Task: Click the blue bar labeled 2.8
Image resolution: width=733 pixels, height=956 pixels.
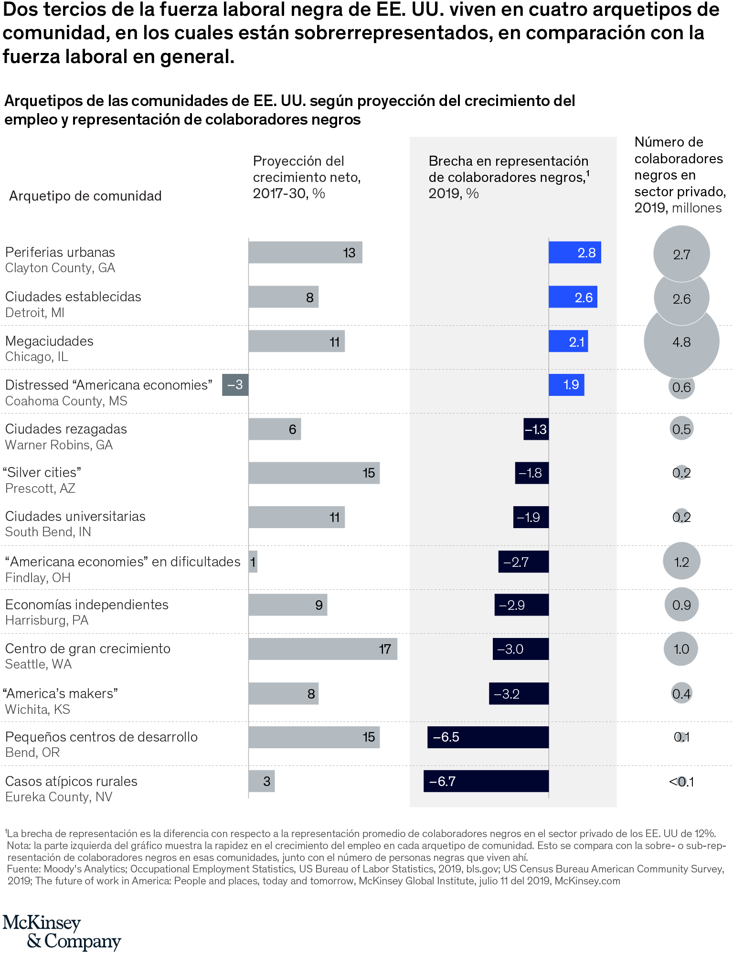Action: [x=574, y=253]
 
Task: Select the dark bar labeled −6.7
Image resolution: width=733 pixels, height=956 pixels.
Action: [x=486, y=781]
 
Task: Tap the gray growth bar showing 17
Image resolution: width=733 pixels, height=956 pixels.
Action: [x=322, y=649]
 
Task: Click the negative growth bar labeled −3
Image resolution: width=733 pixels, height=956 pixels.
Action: [x=235, y=385]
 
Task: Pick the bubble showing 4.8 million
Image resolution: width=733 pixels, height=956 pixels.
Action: [x=681, y=342]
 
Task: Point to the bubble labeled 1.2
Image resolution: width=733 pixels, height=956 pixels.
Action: [x=681, y=562]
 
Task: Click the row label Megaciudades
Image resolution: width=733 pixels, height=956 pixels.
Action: [x=49, y=341]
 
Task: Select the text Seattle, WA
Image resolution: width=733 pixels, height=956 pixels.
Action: [x=38, y=664]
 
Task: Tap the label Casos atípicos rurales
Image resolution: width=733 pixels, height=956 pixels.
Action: [x=71, y=781]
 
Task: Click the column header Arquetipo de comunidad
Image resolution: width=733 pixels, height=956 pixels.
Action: [x=85, y=196]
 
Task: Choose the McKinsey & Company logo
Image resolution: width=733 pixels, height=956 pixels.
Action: [x=62, y=932]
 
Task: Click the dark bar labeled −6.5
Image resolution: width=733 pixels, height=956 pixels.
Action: [x=488, y=737]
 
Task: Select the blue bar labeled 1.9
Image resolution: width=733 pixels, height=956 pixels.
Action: [x=566, y=385]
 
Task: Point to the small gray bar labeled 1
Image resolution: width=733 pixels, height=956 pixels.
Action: [x=253, y=562]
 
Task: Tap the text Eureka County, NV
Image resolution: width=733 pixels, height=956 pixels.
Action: [x=59, y=797]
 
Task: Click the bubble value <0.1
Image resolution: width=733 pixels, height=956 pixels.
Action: [x=681, y=782]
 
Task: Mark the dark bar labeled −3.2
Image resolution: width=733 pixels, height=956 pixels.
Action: [x=519, y=693]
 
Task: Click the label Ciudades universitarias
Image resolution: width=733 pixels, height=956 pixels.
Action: [x=75, y=516]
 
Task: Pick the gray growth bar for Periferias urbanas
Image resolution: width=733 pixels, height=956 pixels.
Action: [x=305, y=252]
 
